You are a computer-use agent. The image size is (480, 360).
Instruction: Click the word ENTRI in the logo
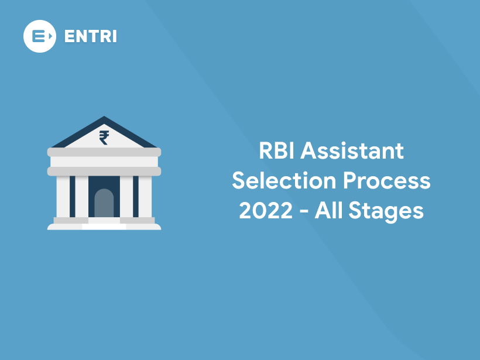90,36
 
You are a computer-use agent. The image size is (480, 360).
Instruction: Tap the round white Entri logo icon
40,36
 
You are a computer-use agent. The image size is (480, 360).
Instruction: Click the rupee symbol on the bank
104,138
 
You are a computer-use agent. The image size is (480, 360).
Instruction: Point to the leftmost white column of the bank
63,196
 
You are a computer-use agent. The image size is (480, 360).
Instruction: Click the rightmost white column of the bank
145,196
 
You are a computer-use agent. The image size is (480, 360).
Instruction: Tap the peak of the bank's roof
104,118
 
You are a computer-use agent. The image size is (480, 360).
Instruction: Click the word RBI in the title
277,152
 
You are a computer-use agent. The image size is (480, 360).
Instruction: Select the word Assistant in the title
352,152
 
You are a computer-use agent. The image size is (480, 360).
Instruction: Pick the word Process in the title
387,181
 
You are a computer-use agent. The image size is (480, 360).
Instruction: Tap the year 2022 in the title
266,210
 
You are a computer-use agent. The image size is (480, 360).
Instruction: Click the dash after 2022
304,211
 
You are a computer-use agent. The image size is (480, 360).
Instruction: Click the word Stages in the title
386,211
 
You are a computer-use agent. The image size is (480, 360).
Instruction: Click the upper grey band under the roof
104,152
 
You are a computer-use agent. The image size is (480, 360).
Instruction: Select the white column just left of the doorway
81,196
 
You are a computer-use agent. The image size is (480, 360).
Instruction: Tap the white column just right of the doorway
126,196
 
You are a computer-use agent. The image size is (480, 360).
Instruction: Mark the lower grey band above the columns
104,171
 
